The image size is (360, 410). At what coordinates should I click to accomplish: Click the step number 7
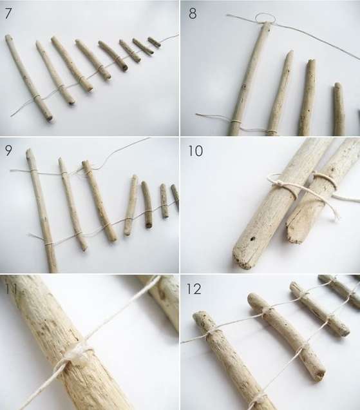tap(8, 14)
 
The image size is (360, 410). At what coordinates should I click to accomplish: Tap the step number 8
tap(193, 14)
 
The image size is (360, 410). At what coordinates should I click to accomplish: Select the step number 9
tap(8, 150)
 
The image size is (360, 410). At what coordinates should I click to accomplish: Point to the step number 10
tap(195, 151)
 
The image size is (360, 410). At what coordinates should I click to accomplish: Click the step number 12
tap(194, 289)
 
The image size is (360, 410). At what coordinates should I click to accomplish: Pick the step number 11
tap(10, 289)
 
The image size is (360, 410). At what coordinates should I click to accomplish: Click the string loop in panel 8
tap(265, 18)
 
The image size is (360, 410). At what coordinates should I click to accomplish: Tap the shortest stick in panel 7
tap(155, 43)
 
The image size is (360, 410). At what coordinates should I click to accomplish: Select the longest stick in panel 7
tap(29, 77)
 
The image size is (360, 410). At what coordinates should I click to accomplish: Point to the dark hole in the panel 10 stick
tap(252, 239)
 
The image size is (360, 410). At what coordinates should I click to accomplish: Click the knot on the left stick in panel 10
tap(281, 184)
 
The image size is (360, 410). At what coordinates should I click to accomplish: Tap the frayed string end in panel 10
tap(336, 215)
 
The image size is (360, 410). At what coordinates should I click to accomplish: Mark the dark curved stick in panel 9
tap(147, 204)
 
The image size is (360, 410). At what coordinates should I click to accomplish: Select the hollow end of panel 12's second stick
tap(321, 374)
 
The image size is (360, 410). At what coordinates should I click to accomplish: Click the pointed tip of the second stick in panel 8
tap(290, 52)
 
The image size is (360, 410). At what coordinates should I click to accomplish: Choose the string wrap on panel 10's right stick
tap(325, 181)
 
